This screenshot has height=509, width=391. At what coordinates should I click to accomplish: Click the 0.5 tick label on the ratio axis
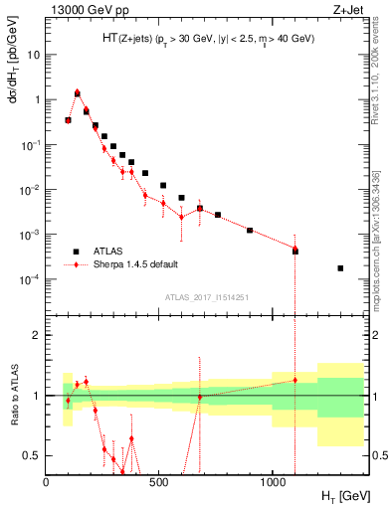(x=32, y=455)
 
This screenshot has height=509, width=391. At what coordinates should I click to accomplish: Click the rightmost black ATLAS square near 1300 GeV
(x=340, y=268)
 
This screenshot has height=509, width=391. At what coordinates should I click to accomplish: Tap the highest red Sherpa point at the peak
(x=78, y=91)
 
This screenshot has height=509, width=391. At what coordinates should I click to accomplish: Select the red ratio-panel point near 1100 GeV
(x=294, y=380)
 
